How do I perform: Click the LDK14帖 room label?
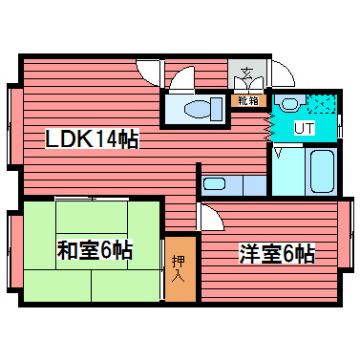[x=93, y=140]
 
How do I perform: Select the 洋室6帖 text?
[x=276, y=254]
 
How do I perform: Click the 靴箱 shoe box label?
[x=247, y=98]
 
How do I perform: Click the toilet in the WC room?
[x=196, y=107]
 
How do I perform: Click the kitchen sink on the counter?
[x=216, y=184]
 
